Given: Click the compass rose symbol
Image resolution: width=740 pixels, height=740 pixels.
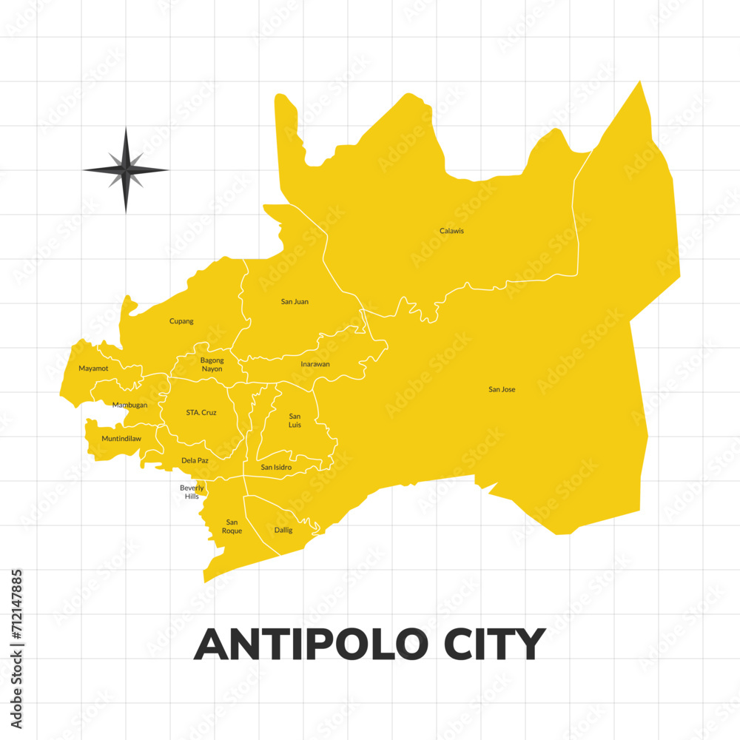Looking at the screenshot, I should [x=126, y=170].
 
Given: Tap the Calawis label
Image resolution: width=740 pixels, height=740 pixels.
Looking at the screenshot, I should [x=451, y=231].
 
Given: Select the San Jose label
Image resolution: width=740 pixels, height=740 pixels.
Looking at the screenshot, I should [x=502, y=389].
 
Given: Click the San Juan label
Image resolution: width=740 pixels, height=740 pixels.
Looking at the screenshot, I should [x=295, y=302].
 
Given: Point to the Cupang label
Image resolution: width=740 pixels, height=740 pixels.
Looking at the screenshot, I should [x=181, y=321].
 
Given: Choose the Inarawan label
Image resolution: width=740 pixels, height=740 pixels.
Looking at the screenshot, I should [x=315, y=364].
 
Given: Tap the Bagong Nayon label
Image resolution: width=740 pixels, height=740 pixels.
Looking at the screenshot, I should [x=212, y=365].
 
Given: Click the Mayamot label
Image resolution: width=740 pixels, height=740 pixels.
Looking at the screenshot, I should [x=93, y=369].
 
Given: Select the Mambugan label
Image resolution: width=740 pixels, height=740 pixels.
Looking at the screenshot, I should [x=129, y=405].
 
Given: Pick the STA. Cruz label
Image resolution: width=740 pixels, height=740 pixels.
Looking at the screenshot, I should [x=201, y=412].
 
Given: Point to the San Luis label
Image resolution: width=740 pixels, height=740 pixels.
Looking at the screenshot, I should [x=295, y=420].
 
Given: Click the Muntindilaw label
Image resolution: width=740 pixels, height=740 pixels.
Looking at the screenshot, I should [x=121, y=439].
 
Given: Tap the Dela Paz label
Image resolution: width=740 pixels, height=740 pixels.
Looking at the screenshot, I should [x=195, y=460].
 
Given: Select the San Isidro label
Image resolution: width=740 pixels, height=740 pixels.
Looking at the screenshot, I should [x=276, y=468].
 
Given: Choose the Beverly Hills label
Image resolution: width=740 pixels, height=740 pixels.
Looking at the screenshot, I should [x=192, y=492].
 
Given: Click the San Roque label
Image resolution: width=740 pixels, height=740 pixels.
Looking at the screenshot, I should [x=232, y=526].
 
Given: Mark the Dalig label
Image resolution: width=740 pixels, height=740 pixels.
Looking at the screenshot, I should [x=283, y=530].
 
